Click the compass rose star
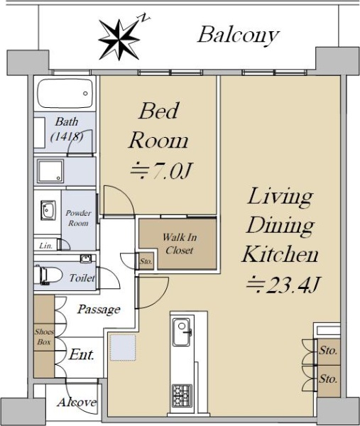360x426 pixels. (119, 40)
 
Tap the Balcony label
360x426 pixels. (239, 35)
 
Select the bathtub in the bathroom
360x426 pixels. (65, 94)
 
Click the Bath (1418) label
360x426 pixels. (67, 129)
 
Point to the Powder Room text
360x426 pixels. (78, 218)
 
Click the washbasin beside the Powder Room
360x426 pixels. (48, 210)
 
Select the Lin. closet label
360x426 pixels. (45, 246)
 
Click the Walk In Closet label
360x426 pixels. (180, 244)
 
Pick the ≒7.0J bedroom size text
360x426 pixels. (161, 171)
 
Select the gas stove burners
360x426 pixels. (182, 396)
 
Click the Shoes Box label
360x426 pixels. (44, 337)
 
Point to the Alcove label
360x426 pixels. (77, 402)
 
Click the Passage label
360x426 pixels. (99, 309)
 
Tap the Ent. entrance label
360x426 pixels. (82, 354)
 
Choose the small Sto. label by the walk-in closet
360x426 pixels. (146, 261)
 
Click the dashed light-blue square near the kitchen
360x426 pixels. (123, 348)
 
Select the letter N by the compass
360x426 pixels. (145, 18)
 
